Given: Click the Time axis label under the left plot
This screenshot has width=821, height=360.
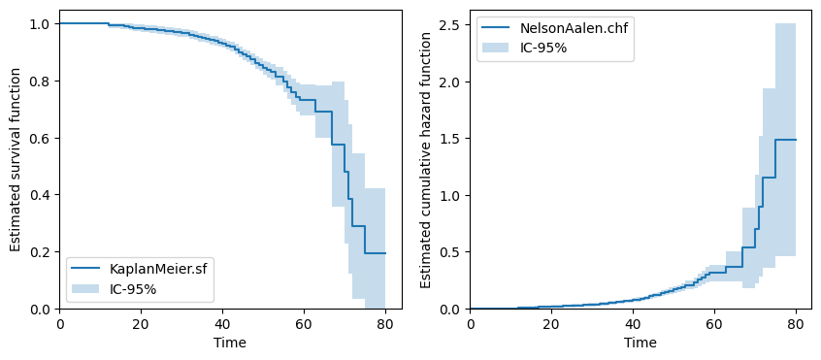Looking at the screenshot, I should (x=230, y=343).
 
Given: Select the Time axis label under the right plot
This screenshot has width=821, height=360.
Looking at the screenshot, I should (x=640, y=343).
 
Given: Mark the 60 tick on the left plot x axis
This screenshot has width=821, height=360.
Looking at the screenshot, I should (x=303, y=323).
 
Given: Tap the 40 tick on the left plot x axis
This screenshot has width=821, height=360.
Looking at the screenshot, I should (x=221, y=323).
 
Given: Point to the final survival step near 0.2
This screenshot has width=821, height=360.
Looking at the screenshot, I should (x=375, y=253).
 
